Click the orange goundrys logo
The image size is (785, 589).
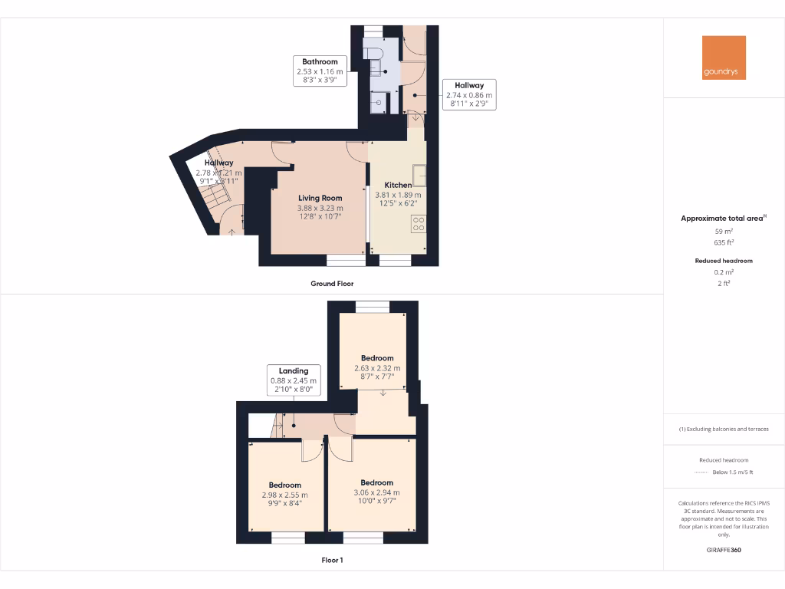click(724, 58)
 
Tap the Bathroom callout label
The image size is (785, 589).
click(320, 71)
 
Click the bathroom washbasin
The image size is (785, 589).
click(379, 103)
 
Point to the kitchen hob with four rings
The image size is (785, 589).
click(419, 224)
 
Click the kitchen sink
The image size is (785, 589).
click(419, 176)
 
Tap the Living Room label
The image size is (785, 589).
click(320, 198)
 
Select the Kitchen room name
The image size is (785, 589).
click(398, 185)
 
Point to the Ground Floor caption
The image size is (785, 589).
click(332, 284)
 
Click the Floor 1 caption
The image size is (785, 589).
click(332, 561)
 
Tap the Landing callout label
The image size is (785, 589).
click(293, 380)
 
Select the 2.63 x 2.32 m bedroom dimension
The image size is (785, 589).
click(377, 368)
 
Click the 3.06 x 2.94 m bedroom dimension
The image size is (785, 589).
click(376, 492)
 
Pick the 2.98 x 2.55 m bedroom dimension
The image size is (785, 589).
click(284, 495)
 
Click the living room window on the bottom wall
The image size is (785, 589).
click(346, 261)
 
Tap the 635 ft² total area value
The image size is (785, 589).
click(724, 242)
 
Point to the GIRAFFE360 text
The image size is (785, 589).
click(724, 550)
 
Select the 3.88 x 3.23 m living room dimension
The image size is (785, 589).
click(320, 208)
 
